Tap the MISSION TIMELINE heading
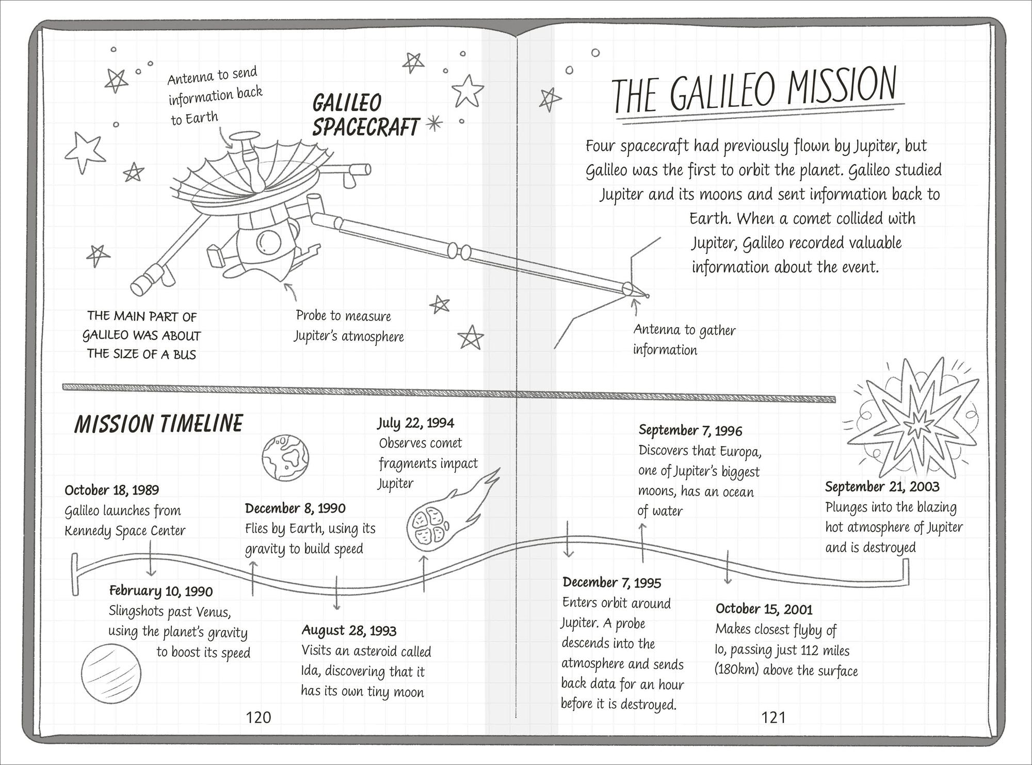pyautogui.click(x=158, y=423)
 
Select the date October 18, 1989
pyautogui.click(x=112, y=490)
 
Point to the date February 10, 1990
pyautogui.click(x=161, y=591)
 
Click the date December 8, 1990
pyautogui.click(x=295, y=508)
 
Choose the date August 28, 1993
pyautogui.click(x=349, y=630)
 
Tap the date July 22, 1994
pyautogui.click(x=416, y=423)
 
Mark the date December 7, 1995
pyautogui.click(x=612, y=583)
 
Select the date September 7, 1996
pyautogui.click(x=690, y=430)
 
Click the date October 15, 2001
pyautogui.click(x=764, y=610)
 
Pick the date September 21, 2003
pyautogui.click(x=882, y=487)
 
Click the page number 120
pyautogui.click(x=258, y=717)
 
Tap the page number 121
pyautogui.click(x=773, y=717)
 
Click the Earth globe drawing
pyautogui.click(x=285, y=457)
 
